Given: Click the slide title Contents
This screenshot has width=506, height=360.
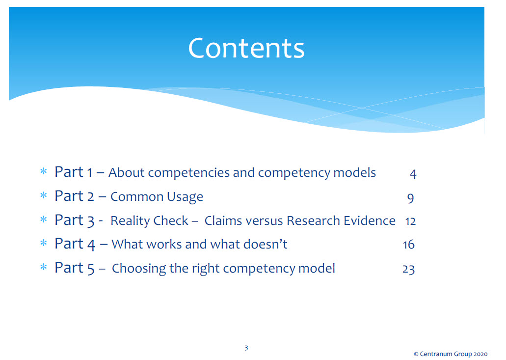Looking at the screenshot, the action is point(246,48).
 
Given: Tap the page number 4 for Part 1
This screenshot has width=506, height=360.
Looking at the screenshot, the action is point(413,174).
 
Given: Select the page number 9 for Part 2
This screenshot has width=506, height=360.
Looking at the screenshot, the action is point(410,198).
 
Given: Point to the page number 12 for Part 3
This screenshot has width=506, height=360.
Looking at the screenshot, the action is point(410,221).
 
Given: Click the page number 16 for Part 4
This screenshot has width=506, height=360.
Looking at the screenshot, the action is point(409,245).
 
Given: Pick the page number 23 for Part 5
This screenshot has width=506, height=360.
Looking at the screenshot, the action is point(408,269).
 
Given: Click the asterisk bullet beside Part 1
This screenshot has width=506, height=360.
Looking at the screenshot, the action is point(44,171).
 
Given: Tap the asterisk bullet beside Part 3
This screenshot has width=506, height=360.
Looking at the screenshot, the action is point(44,220).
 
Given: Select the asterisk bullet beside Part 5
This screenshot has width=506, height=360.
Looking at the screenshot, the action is point(44,267).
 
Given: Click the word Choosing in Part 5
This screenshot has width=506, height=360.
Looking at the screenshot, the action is point(139,269).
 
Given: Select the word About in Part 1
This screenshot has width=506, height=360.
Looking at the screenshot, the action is point(127,172).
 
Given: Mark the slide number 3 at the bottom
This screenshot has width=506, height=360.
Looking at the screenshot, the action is point(246,348).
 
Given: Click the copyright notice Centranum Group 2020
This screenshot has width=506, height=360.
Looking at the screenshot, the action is point(451,354).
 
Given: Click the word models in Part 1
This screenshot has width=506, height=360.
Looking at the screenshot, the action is point(355,172).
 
